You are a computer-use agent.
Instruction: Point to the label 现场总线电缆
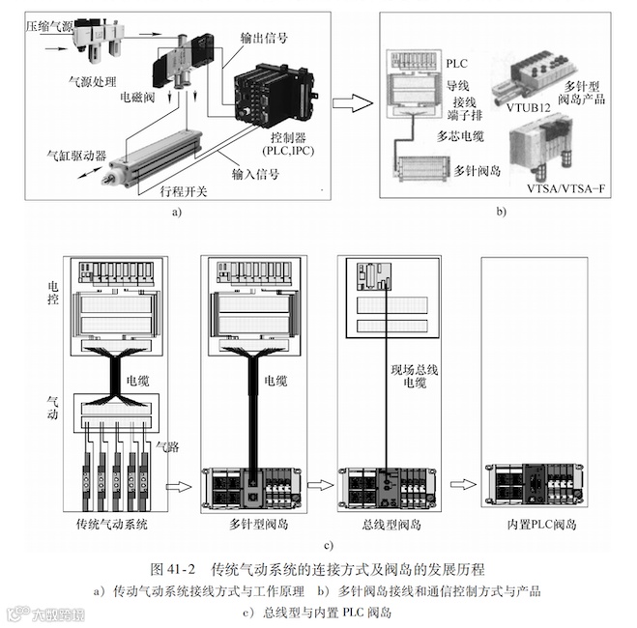(x=411, y=377)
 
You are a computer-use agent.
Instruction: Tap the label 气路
(x=168, y=447)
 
